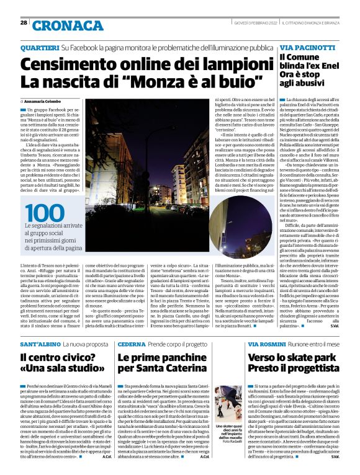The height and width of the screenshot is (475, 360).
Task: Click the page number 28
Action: pos(24,23)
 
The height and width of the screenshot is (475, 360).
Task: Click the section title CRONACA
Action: pos(60,25)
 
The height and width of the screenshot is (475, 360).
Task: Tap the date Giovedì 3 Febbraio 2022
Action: pos(251,23)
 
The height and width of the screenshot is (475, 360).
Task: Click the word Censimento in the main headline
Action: pos(72,64)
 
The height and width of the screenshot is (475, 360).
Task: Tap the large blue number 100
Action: pos(44,213)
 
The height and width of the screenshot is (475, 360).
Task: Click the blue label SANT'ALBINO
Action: pos(39,344)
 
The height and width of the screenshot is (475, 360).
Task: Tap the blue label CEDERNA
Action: pos(133,344)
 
